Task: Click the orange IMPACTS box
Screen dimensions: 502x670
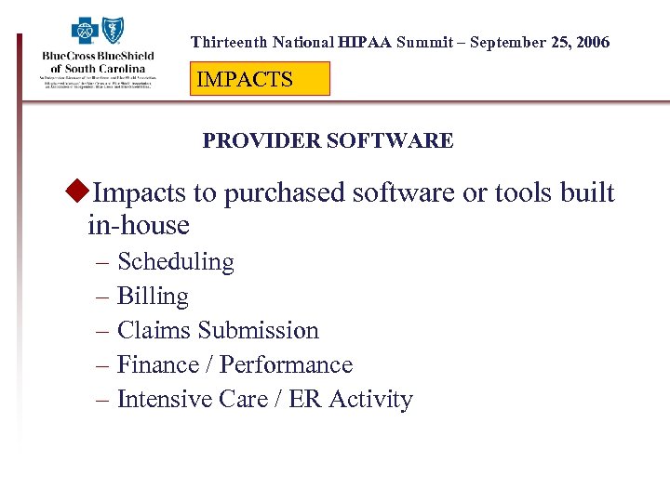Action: (x=260, y=79)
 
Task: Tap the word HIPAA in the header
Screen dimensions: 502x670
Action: (x=366, y=42)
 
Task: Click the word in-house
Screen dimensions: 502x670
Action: (x=139, y=225)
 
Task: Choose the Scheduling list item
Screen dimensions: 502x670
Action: (x=176, y=262)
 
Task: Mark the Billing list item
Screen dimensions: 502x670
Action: (x=153, y=297)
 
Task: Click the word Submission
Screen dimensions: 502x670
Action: (x=258, y=331)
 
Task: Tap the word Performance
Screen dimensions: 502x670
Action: (x=286, y=365)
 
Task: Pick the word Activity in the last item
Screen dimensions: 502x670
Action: (x=369, y=400)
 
